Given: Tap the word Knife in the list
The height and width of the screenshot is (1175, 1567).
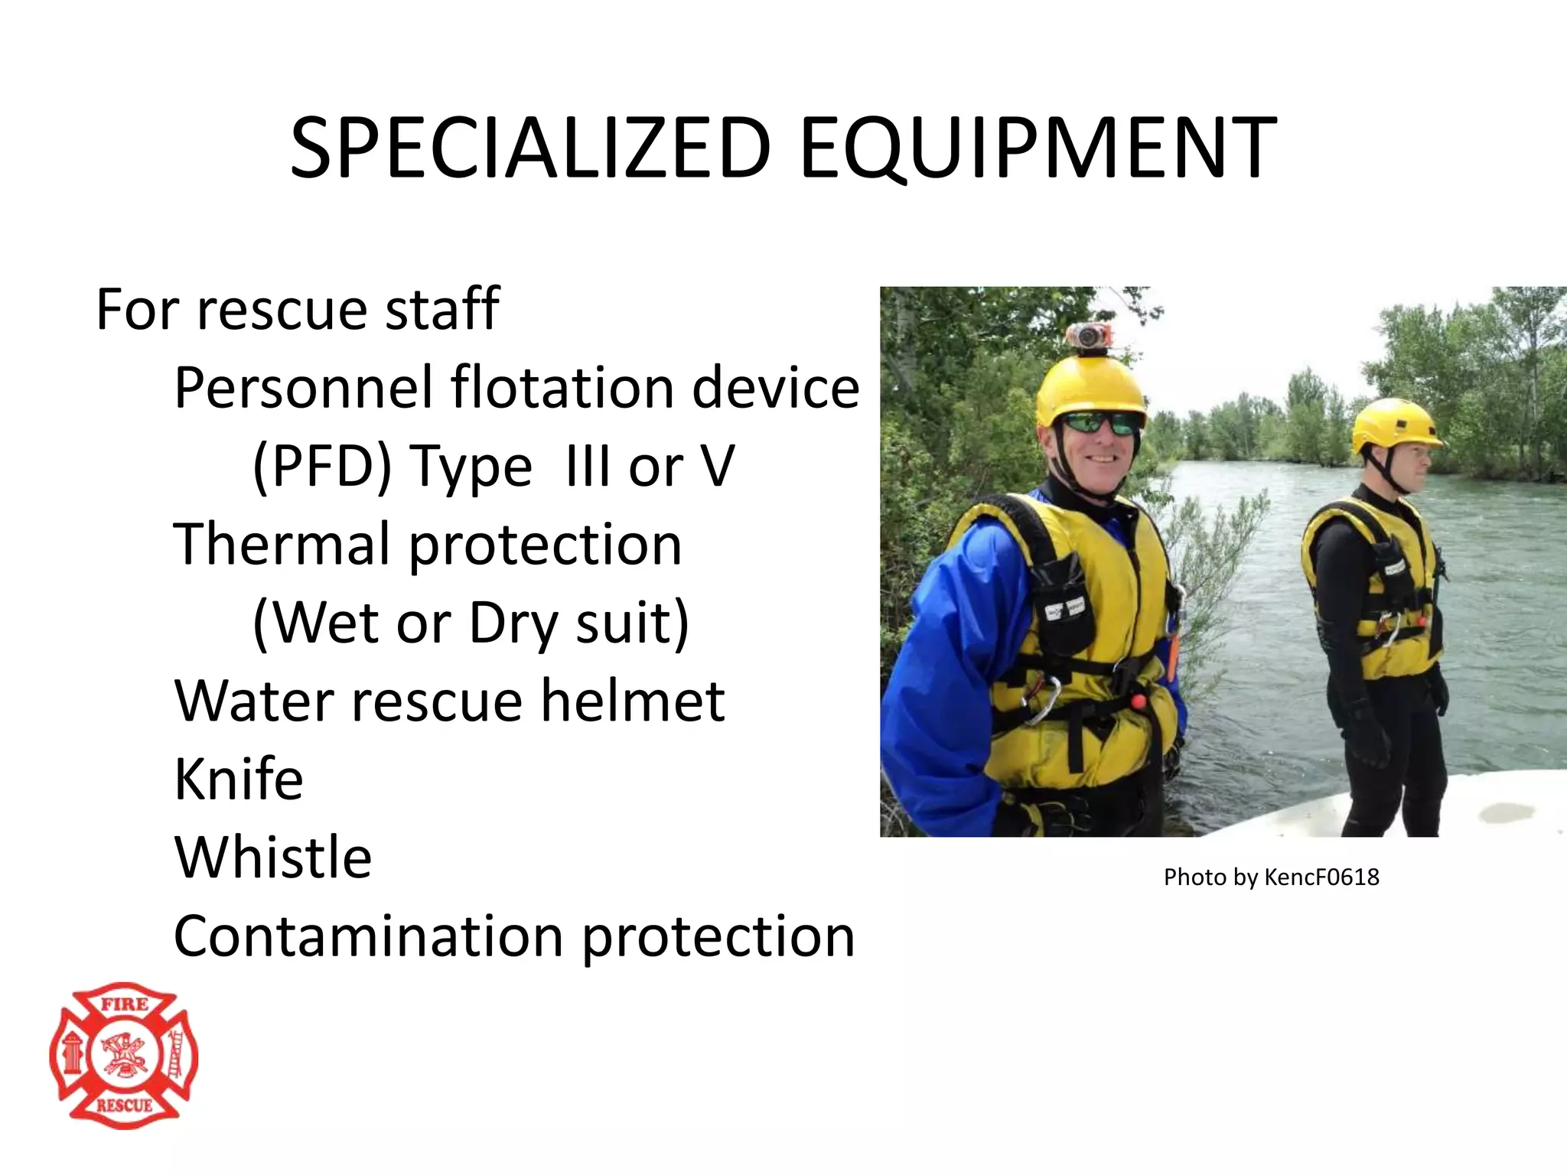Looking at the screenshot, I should tap(239, 779).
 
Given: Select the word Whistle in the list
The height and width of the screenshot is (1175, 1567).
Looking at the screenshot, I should tap(273, 857).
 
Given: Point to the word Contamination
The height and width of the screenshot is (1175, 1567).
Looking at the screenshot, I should tap(369, 936).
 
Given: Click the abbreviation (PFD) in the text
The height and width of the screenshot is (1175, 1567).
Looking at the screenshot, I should tap(322, 467).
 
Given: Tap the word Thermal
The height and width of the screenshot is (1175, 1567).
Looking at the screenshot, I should tap(282, 544).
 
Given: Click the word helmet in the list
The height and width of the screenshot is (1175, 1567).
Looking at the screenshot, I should tap(633, 700).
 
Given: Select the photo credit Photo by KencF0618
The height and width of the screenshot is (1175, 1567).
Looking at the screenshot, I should tap(1271, 877).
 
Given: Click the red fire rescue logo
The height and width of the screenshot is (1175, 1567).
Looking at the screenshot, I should tap(124, 1055).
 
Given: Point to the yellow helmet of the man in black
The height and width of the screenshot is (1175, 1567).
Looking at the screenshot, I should tap(1394, 423).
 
